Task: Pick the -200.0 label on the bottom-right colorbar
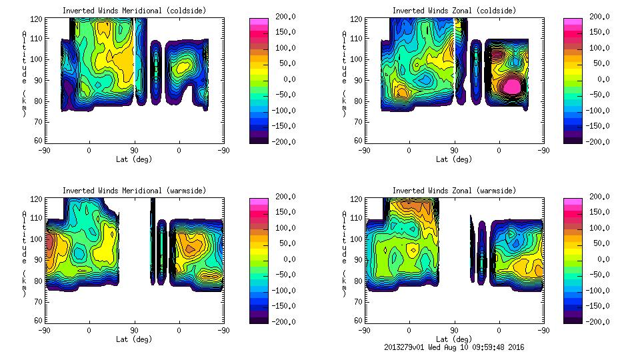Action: coord(600,321)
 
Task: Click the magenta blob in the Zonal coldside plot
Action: coord(513,86)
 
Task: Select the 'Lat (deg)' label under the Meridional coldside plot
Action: coord(134,159)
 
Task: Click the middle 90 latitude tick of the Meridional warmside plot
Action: coord(134,330)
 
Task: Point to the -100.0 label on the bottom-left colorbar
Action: coord(284,290)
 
